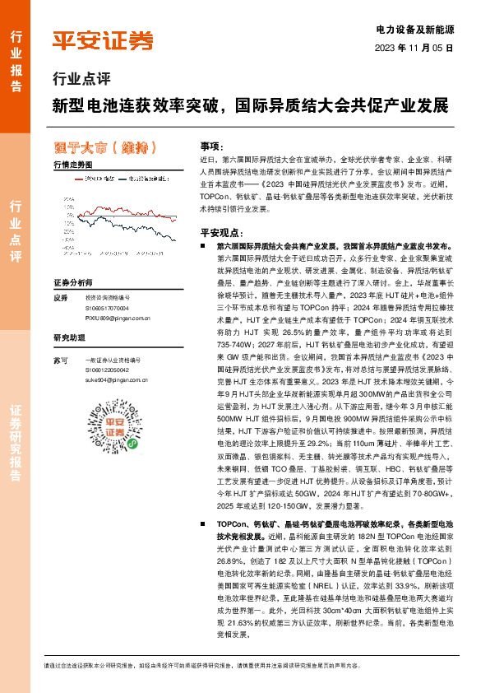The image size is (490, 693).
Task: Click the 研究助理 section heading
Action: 69,337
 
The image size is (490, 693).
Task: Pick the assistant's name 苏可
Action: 59,361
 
